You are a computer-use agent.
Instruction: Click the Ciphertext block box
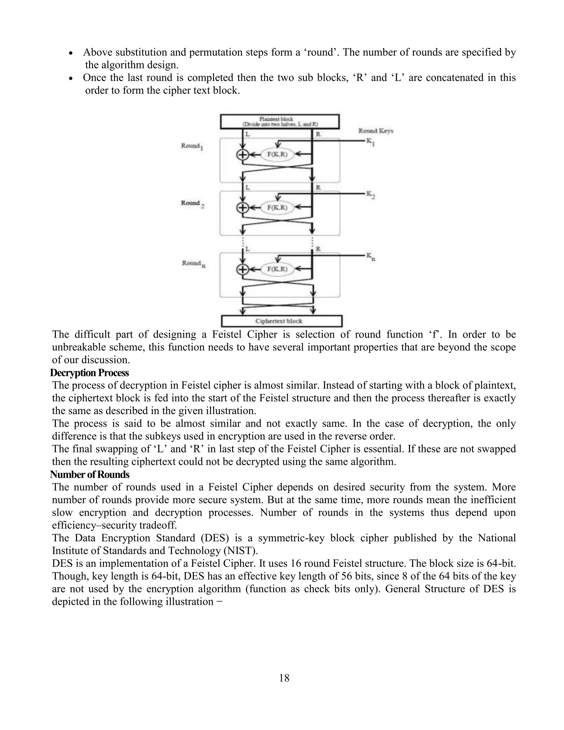click(x=282, y=321)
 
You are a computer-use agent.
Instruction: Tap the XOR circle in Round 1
click(x=243, y=155)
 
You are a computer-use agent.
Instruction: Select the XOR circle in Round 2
click(x=243, y=208)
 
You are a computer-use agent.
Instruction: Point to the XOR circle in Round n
click(x=243, y=269)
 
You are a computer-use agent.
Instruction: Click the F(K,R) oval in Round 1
click(x=277, y=155)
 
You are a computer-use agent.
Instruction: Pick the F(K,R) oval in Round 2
click(x=277, y=208)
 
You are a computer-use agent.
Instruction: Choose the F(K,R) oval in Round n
click(x=277, y=269)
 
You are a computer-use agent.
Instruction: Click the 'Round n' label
click(x=193, y=264)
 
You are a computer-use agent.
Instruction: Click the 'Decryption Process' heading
click(x=89, y=373)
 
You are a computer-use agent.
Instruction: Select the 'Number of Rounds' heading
click(x=90, y=474)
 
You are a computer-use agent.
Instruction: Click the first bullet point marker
click(x=70, y=53)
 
